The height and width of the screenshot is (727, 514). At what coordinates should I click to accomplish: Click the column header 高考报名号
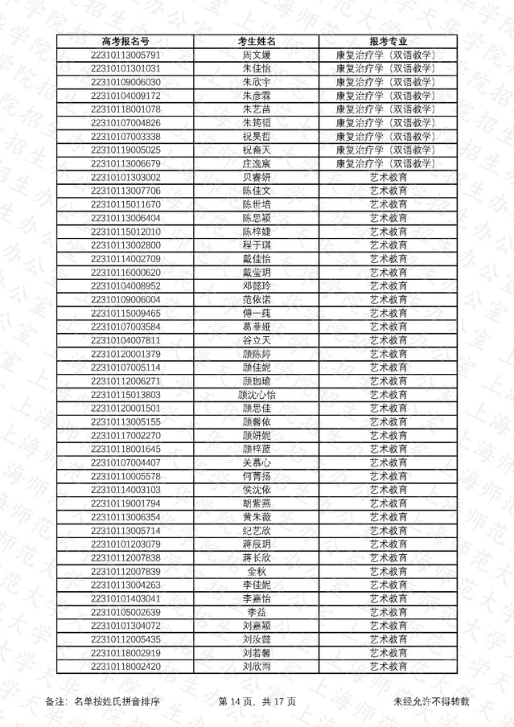[125, 42]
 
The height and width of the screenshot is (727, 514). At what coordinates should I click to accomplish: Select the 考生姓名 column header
[257, 42]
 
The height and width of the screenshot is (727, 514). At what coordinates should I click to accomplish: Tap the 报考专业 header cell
[388, 42]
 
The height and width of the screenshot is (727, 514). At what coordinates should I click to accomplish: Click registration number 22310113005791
[125, 55]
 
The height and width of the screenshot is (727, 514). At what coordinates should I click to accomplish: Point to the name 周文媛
[257, 55]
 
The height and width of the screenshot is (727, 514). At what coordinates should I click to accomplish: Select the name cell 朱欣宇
[257, 82]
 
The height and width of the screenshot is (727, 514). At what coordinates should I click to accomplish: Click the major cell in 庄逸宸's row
[388, 163]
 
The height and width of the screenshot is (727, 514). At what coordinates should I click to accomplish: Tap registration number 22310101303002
[125, 177]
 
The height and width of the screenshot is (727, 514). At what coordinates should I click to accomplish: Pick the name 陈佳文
[257, 191]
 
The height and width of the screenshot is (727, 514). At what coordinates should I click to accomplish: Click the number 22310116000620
[125, 273]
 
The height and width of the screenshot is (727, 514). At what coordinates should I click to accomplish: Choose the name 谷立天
[257, 340]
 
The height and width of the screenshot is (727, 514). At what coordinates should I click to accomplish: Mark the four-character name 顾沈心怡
[257, 395]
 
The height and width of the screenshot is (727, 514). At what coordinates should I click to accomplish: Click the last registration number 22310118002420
[125, 667]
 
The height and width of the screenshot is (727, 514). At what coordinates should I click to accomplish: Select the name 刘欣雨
[257, 667]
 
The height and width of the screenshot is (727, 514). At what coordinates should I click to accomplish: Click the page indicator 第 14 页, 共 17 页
[257, 702]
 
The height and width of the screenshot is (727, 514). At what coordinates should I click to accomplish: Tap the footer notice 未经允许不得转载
[431, 702]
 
